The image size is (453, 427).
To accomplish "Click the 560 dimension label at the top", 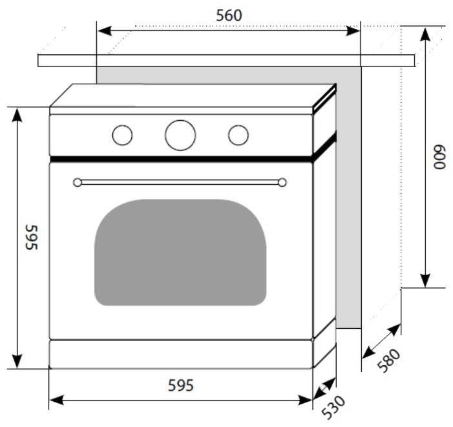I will (x=229, y=16).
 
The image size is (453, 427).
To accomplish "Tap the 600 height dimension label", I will (x=439, y=157).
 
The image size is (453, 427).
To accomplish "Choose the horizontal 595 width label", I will (x=181, y=386).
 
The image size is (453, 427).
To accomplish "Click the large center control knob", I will (x=180, y=135).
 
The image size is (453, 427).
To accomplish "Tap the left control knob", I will (x=122, y=135).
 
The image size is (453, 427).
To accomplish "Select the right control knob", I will (x=238, y=135).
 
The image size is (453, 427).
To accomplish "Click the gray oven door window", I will (x=180, y=252).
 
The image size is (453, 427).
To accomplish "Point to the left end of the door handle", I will (x=78, y=182).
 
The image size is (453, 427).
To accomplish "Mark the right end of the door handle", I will (x=282, y=182).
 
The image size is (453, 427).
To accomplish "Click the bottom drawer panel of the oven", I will (x=181, y=354).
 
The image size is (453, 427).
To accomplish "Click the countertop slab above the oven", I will (x=226, y=60).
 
